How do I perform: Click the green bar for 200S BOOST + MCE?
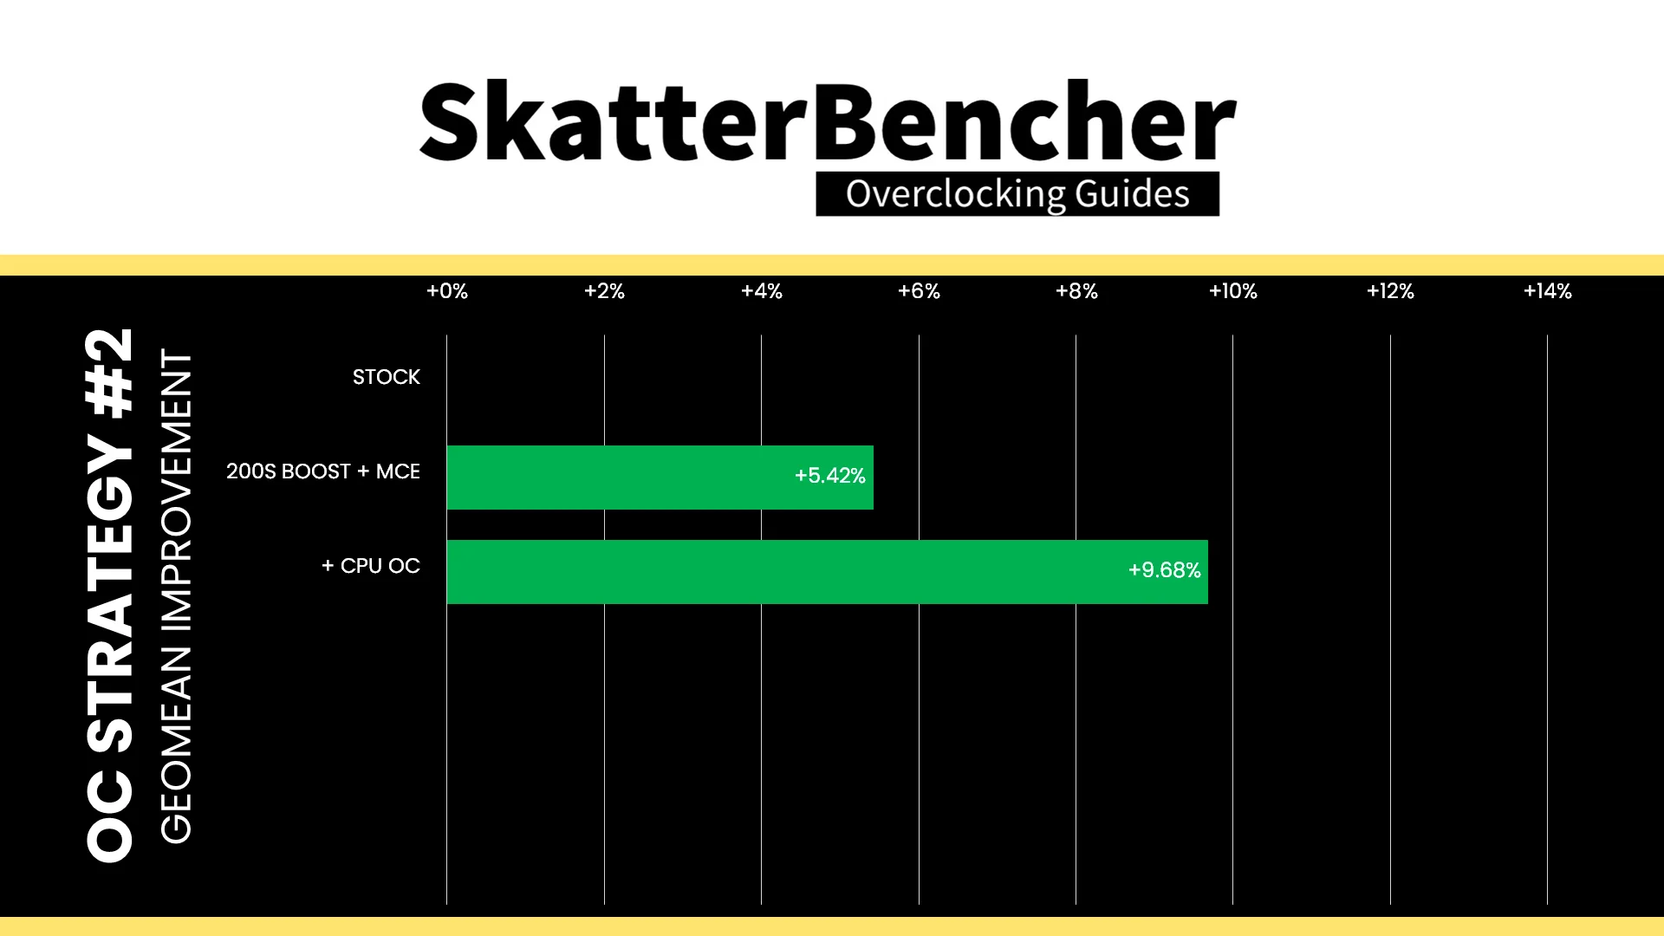pyautogui.click(x=660, y=478)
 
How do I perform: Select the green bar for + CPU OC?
pyautogui.click(x=827, y=572)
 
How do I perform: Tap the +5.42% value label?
pyautogui.click(x=830, y=476)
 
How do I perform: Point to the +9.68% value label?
pyautogui.click(x=1164, y=570)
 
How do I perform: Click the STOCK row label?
pyautogui.click(x=387, y=377)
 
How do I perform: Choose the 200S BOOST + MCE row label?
pyautogui.click(x=323, y=471)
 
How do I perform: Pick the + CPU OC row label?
pyautogui.click(x=371, y=566)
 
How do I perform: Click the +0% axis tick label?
pyautogui.click(x=447, y=291)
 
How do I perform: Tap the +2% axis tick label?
pyautogui.click(x=604, y=291)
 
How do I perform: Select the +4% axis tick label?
pyautogui.click(x=762, y=291)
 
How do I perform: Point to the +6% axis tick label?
pyautogui.click(x=919, y=291)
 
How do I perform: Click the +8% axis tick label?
pyautogui.click(x=1076, y=291)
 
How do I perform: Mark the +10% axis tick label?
pyautogui.click(x=1233, y=291)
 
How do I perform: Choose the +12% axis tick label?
pyautogui.click(x=1390, y=291)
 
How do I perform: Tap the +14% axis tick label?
pyautogui.click(x=1548, y=291)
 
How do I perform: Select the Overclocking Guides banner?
pyautogui.click(x=1017, y=194)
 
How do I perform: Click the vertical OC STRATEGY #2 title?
pyautogui.click(x=110, y=595)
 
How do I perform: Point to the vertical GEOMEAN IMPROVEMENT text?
pyautogui.click(x=176, y=596)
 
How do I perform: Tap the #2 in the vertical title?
pyautogui.click(x=110, y=373)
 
